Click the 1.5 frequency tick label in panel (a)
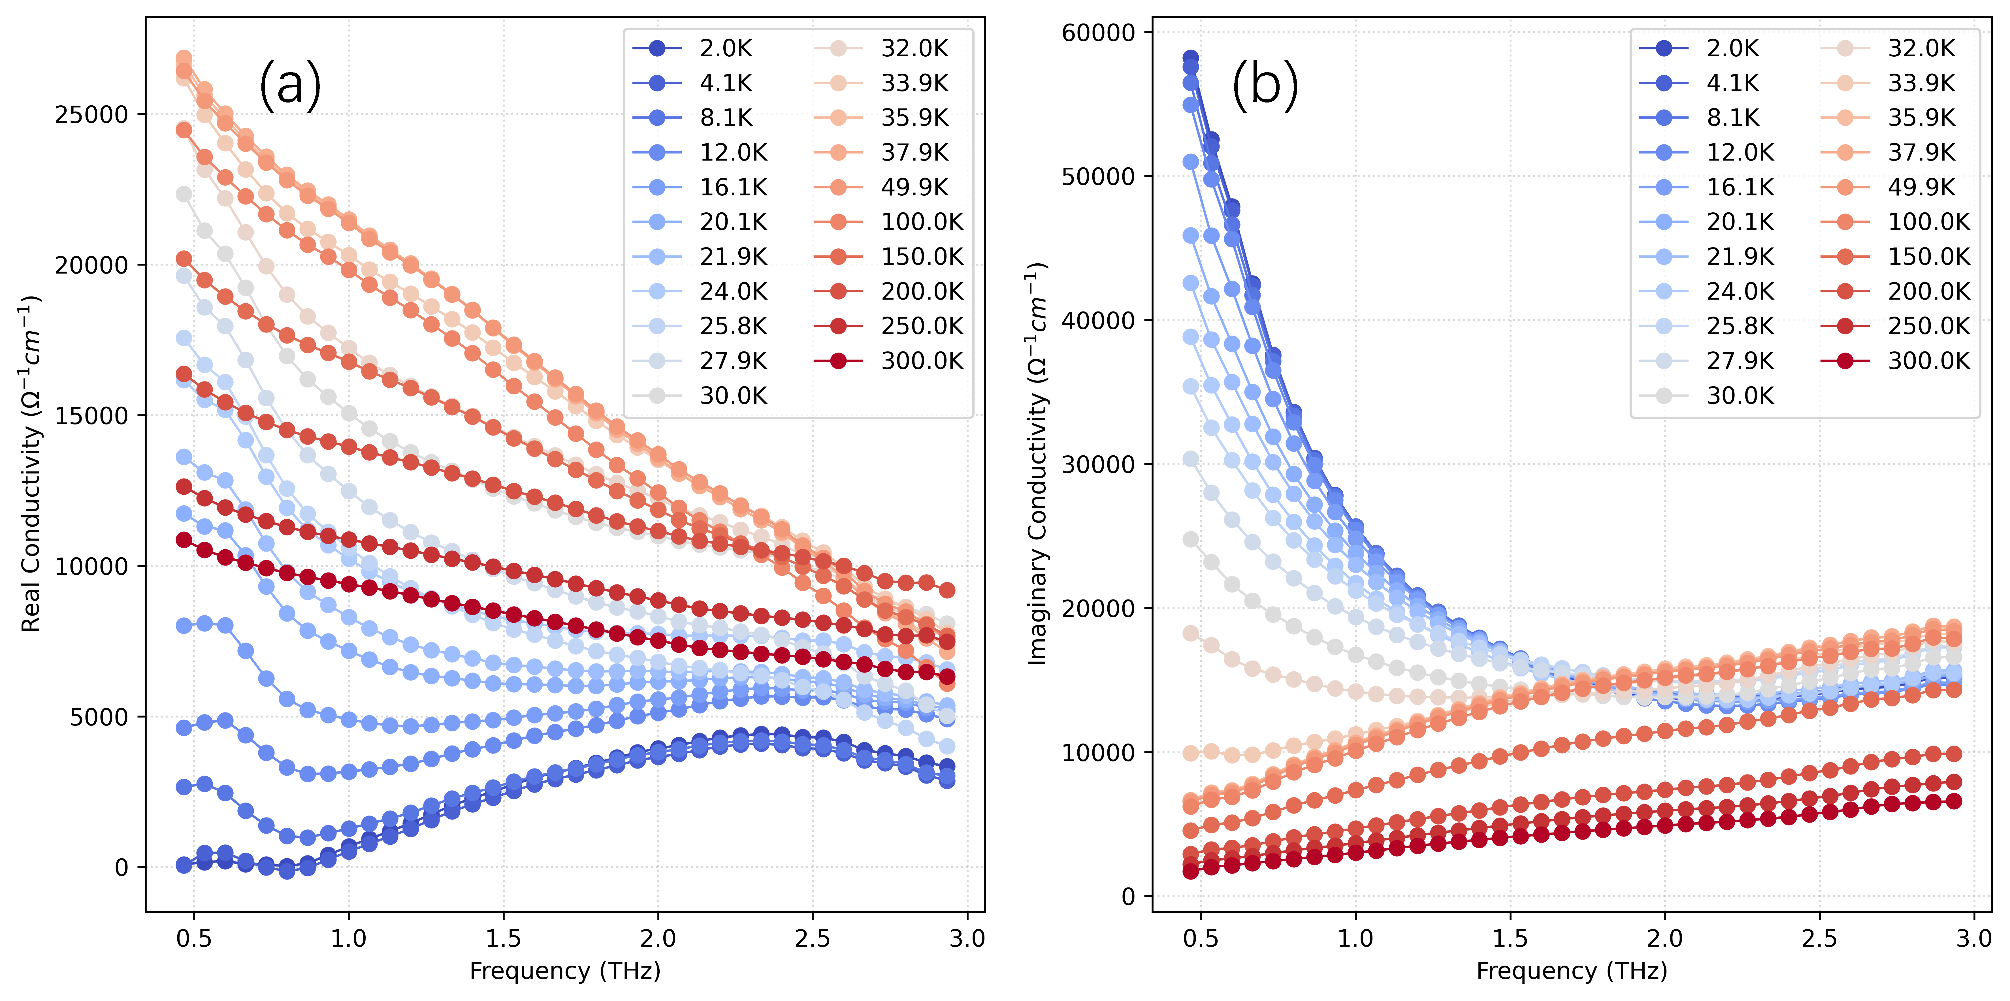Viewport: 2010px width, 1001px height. [x=503, y=938]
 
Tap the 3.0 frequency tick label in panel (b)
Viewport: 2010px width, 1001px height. [x=1974, y=938]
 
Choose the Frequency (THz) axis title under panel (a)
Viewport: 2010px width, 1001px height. [x=565, y=971]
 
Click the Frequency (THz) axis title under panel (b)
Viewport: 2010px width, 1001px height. [x=1572, y=971]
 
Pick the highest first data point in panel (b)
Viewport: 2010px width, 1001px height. [x=1191, y=58]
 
